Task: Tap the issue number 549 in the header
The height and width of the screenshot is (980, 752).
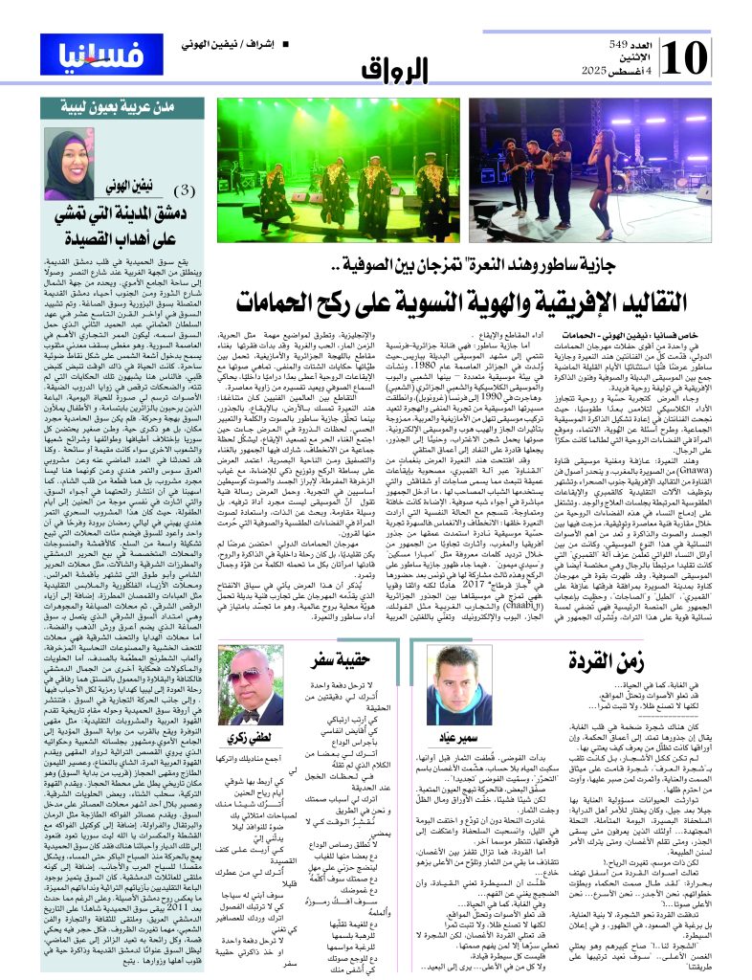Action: pos(629,46)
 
